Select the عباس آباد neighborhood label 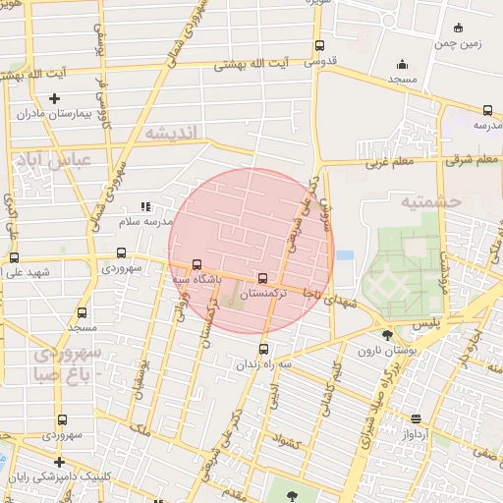tap(50, 158)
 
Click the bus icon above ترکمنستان tap(262, 277)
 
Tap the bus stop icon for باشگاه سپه tap(197, 263)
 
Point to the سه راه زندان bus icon tap(262, 348)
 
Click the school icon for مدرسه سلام tap(146, 207)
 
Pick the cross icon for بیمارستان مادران tap(54, 98)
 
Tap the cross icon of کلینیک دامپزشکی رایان tap(60, 461)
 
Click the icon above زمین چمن tap(461, 29)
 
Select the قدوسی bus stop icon tap(319, 45)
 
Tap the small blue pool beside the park tap(345, 255)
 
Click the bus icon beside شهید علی tap(14, 257)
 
